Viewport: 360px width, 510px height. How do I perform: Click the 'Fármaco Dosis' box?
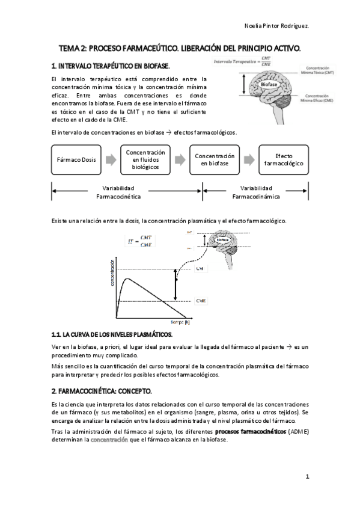(x=76, y=161)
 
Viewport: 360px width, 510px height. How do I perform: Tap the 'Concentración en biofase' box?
(x=214, y=159)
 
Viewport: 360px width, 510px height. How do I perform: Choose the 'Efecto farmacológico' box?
(x=284, y=159)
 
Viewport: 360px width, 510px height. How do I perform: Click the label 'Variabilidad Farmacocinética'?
(x=118, y=192)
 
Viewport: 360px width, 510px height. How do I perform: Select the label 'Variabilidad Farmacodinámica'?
(x=256, y=192)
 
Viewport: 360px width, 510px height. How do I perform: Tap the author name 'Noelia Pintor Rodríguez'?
(x=278, y=26)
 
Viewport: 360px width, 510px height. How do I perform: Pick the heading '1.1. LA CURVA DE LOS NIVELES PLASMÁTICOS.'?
(x=112, y=334)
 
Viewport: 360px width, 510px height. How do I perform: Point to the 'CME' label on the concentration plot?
(x=202, y=300)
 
